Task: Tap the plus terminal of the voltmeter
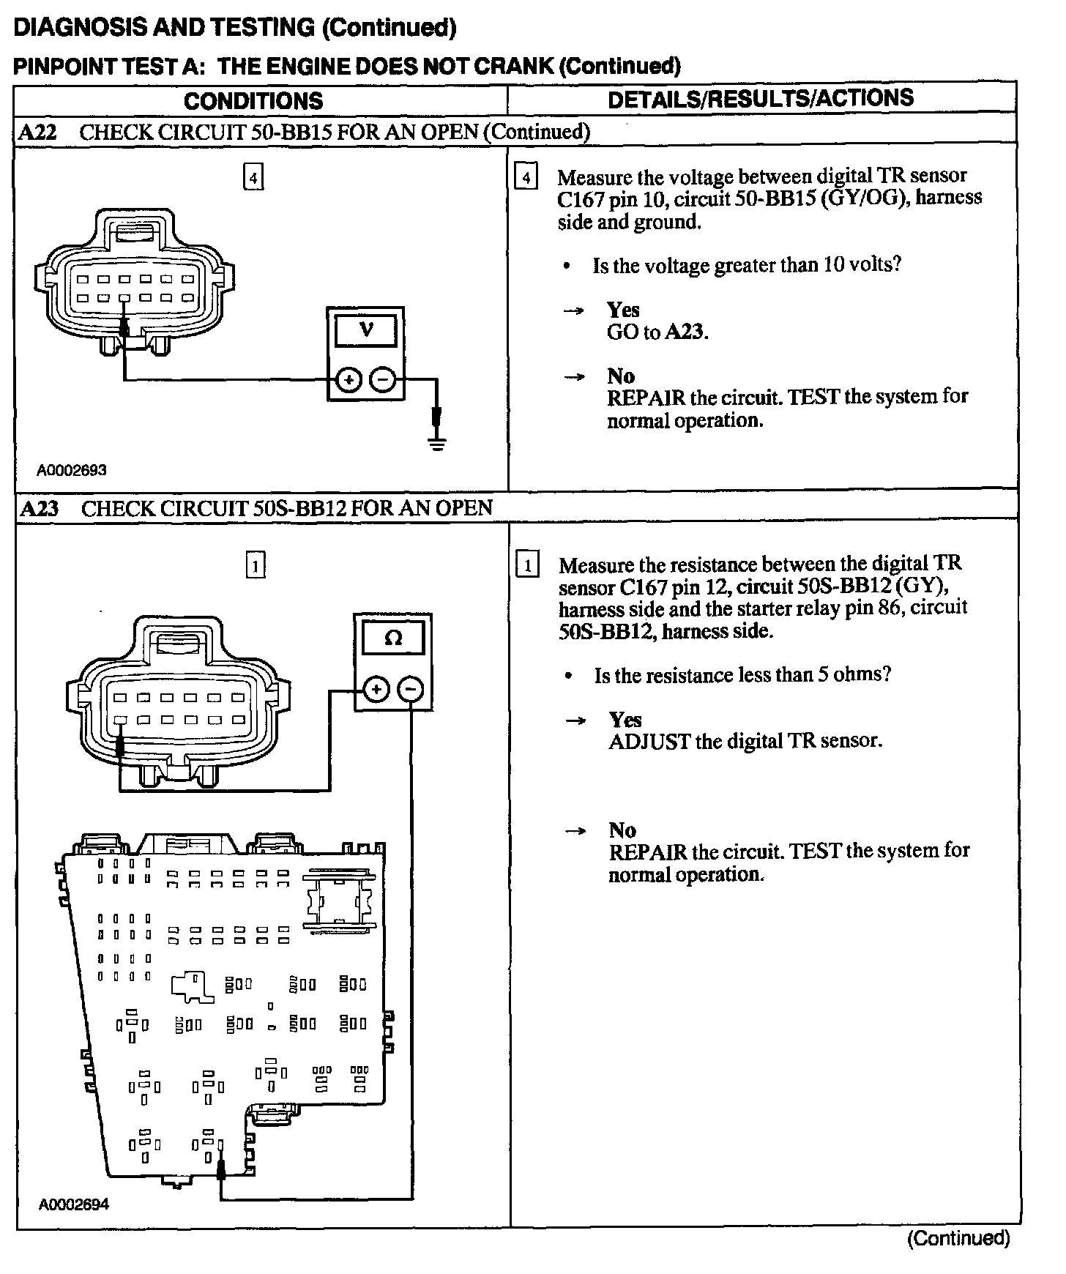(348, 380)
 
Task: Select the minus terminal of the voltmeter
(382, 380)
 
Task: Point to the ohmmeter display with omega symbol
(393, 638)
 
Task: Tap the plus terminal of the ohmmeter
(376, 690)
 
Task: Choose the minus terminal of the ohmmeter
(411, 690)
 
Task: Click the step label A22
(38, 133)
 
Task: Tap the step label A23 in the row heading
(40, 509)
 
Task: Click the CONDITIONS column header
(253, 101)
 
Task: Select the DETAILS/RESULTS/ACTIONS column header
(761, 99)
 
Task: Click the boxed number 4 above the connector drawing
(253, 178)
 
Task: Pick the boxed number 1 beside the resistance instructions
(527, 565)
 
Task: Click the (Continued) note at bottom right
(958, 1237)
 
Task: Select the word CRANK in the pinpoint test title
(513, 66)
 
